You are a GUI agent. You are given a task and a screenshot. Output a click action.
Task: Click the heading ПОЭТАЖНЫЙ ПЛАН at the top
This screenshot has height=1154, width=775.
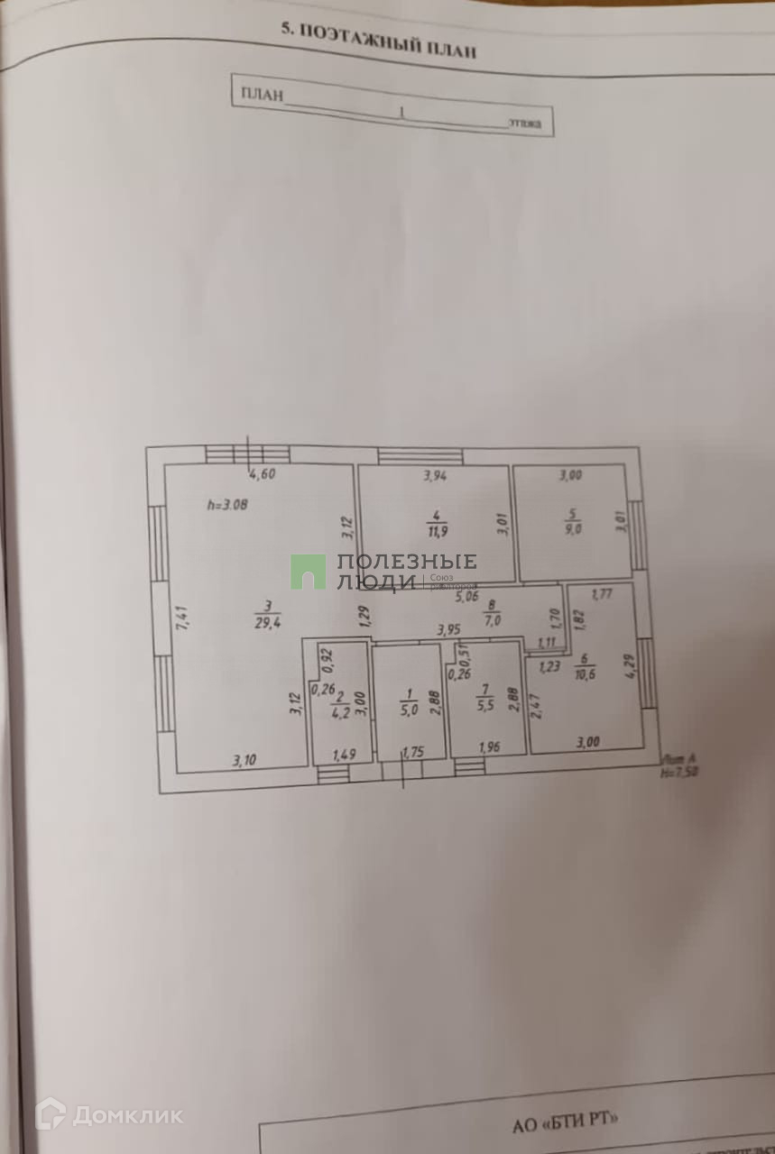pyautogui.click(x=378, y=41)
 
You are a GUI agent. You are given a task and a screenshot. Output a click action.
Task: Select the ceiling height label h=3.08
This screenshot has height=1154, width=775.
pyautogui.click(x=227, y=505)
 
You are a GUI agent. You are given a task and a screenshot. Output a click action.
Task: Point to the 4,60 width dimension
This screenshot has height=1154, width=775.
pyautogui.click(x=262, y=475)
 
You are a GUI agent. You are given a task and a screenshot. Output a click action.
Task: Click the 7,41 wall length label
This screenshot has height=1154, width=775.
pyautogui.click(x=183, y=617)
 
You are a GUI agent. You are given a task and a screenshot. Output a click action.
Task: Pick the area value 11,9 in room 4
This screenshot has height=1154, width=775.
pyautogui.click(x=438, y=531)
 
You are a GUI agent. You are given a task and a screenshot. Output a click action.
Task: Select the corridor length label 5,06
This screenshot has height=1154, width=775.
pyautogui.click(x=466, y=596)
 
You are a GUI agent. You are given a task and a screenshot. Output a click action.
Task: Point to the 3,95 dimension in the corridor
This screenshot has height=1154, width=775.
pyautogui.click(x=449, y=630)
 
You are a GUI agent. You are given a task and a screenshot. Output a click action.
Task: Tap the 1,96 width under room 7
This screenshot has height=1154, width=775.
pyautogui.click(x=488, y=747)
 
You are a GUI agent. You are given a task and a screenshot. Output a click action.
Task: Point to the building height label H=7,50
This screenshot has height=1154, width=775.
pyautogui.click(x=681, y=772)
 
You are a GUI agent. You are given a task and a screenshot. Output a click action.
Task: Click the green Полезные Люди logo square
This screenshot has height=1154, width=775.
pyautogui.click(x=308, y=572)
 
